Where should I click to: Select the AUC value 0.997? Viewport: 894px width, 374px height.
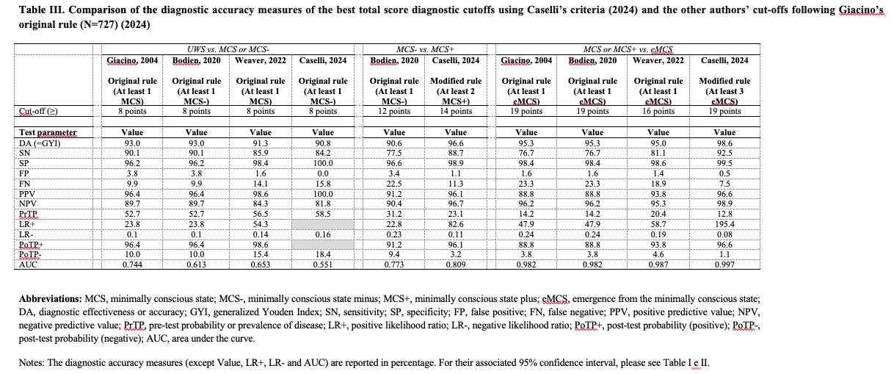pos(724,264)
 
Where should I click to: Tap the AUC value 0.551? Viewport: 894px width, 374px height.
pos(323,264)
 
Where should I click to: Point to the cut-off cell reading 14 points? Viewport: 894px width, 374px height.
pos(456,112)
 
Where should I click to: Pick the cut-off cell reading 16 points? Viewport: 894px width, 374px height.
pos(658,112)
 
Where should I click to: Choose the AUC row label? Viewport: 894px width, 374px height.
pos(29,264)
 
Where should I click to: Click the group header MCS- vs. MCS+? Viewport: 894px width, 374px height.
pos(425,48)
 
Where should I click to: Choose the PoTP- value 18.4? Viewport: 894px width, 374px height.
pos(323,253)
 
